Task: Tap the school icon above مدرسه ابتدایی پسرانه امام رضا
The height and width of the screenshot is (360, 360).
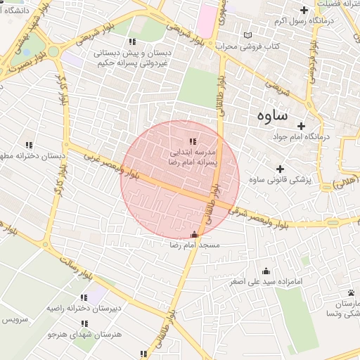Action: tap(193, 142)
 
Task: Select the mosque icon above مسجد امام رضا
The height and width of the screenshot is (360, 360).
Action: tap(195, 235)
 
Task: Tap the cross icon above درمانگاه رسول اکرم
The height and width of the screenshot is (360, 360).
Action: tap(304, 10)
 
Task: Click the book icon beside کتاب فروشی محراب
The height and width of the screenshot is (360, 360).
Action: tap(245, 35)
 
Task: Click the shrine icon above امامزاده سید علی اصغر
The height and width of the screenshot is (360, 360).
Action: tap(266, 271)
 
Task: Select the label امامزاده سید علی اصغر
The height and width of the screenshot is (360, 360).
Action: tap(266, 282)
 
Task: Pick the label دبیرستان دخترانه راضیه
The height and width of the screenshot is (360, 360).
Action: tap(73, 308)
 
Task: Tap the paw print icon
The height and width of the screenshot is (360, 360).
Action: tap(351, 292)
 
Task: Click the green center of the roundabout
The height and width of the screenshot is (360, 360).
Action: tap(53, 51)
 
